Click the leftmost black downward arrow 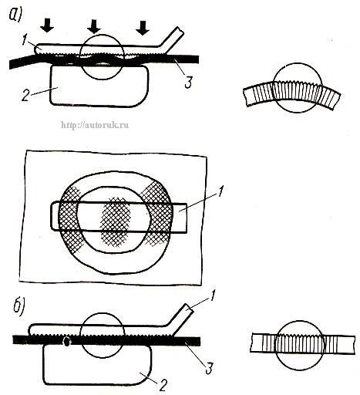47,25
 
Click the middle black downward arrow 94,26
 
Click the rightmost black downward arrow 143,27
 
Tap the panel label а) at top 16,13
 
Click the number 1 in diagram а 25,40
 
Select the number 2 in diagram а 25,95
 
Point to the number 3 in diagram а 188,82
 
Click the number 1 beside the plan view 220,191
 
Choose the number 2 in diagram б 163,385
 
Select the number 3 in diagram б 209,368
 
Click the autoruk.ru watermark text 95,125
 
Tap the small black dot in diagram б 67,341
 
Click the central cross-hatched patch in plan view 115,221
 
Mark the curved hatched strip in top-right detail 292,96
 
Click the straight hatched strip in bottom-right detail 303,343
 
